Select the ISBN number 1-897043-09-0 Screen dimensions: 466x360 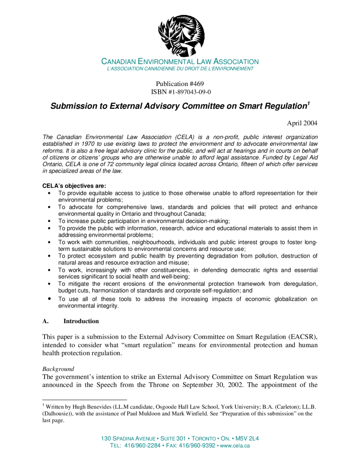tap(189, 92)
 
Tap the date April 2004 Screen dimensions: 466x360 tap(302, 123)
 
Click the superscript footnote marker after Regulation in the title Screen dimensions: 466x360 tap(308, 104)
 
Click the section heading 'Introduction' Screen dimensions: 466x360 tap(81, 321)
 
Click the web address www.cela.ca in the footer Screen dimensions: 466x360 tap(235, 446)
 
